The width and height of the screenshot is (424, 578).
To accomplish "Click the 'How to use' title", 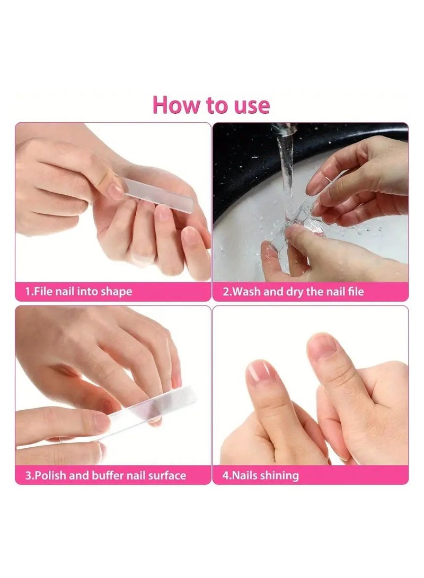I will [x=211, y=105].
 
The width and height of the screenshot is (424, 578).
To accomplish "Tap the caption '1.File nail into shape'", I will [x=79, y=292].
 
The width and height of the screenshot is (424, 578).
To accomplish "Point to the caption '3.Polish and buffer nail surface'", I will [x=106, y=475].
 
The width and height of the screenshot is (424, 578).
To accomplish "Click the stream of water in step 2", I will [x=287, y=175].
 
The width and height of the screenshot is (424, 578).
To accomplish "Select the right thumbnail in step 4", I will [x=322, y=347].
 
